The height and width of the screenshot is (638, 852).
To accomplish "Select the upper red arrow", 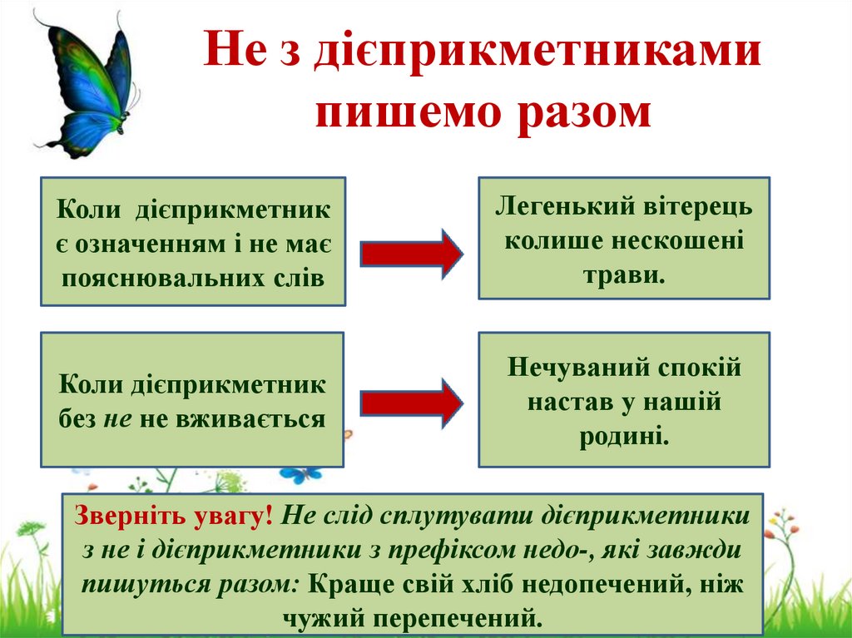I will (411, 252).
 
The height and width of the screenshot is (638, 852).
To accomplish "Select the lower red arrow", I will (411, 404).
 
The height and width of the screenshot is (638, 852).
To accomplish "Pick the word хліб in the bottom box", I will (447, 582).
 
